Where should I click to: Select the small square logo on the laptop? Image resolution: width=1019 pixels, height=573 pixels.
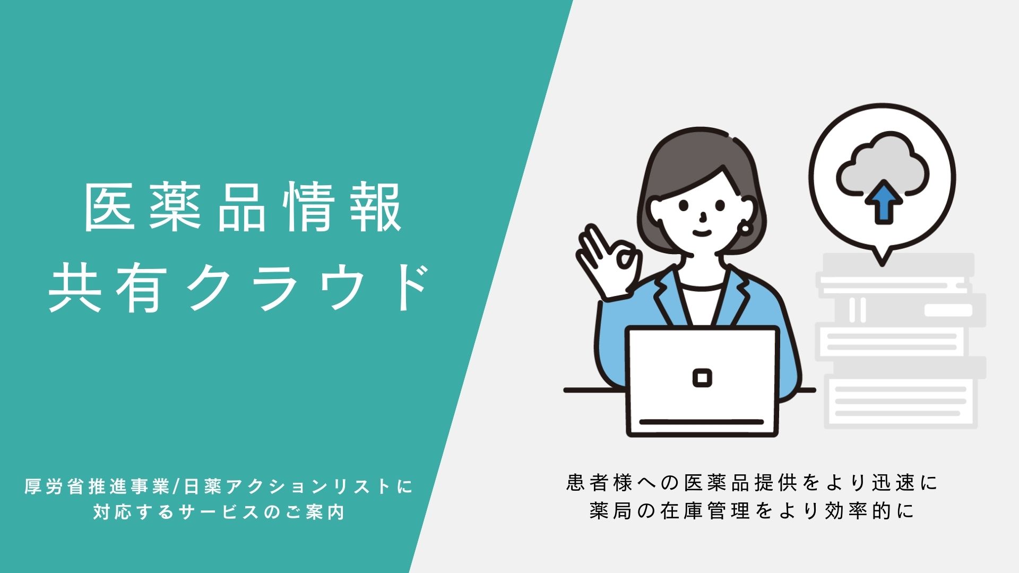[x=702, y=378]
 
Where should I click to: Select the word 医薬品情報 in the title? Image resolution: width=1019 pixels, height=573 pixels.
[x=243, y=207]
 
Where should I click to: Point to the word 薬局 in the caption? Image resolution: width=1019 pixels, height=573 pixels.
[x=610, y=511]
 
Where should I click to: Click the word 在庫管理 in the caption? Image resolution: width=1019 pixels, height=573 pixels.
[x=705, y=511]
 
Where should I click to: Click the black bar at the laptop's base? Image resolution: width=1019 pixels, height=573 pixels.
[x=702, y=422]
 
